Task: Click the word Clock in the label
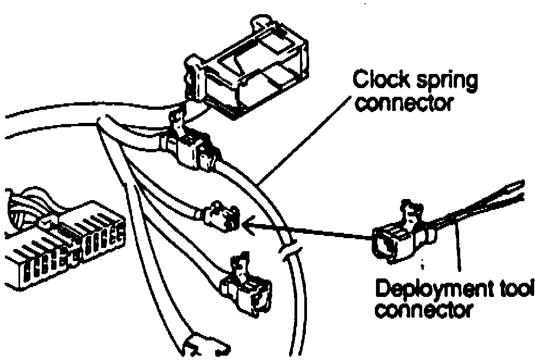coord(380,81)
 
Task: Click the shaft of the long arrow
coord(310,228)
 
